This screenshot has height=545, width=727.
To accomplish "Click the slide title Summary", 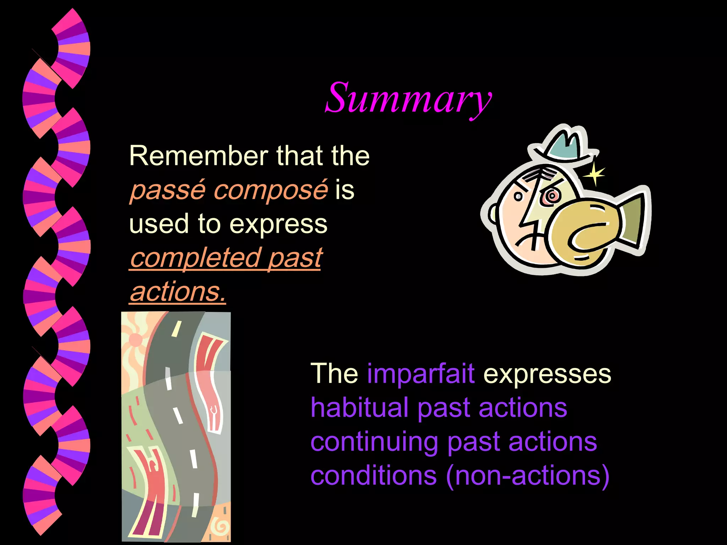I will tap(408, 98).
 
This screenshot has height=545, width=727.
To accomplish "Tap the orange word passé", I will tap(168, 190).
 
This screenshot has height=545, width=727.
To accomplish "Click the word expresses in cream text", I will tap(547, 374).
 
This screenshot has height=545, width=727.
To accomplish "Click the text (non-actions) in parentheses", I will tap(528, 475).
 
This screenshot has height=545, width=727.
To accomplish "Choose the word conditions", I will tap(373, 475).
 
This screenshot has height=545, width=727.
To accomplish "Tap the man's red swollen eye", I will tap(551, 196).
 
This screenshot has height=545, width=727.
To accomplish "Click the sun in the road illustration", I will tap(136, 340).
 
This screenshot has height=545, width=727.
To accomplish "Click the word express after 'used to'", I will tap(278, 224).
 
